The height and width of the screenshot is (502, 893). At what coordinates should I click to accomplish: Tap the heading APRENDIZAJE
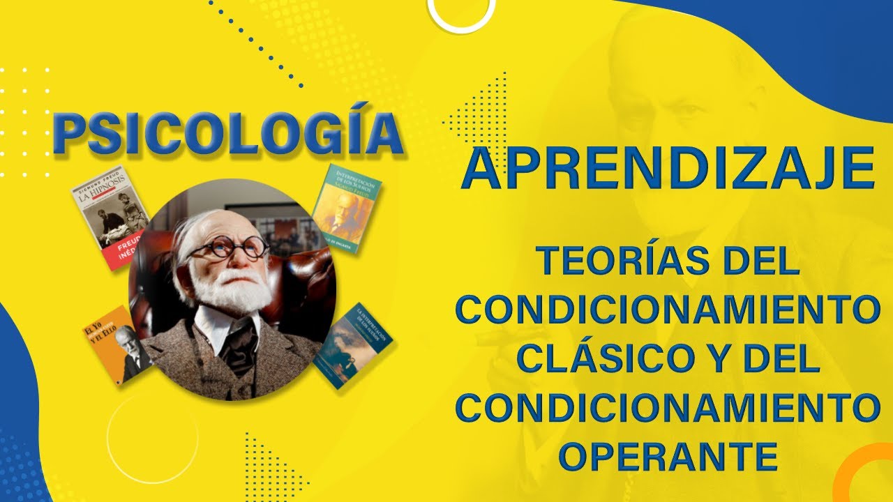pyautogui.click(x=668, y=169)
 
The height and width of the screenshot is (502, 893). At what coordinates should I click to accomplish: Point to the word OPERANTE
pyautogui.click(x=669, y=457)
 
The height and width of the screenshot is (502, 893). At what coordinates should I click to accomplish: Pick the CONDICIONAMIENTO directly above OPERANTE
pyautogui.click(x=668, y=409)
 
